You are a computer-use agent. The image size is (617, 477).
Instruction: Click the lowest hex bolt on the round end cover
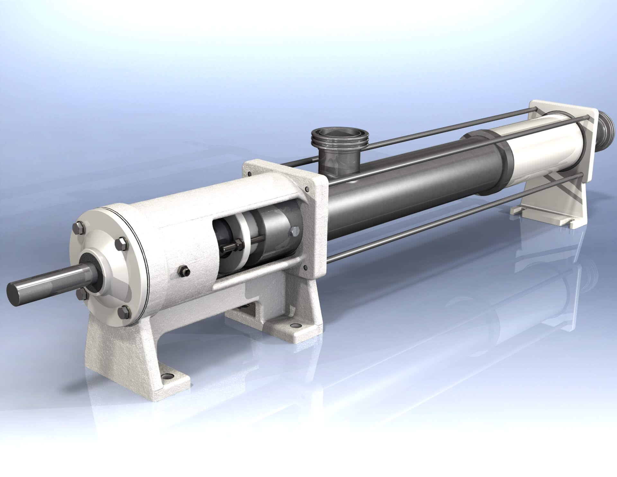coord(124,311)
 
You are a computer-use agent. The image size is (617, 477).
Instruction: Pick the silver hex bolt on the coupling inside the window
coord(295,231)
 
